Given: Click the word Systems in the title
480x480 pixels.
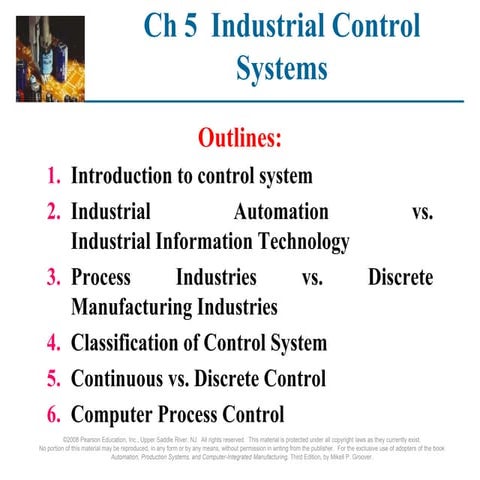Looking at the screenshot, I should (282, 68).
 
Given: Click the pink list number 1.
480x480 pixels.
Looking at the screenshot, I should (54, 177).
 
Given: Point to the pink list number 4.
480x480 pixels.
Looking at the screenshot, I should (54, 344).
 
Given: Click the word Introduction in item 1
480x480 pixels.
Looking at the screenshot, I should (130, 177).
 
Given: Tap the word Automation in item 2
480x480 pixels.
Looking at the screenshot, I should (280, 212).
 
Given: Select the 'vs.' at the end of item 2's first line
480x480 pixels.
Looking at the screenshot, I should (422, 212).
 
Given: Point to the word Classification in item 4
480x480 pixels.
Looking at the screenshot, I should (132, 344).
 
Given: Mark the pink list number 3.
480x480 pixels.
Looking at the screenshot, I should (54, 277).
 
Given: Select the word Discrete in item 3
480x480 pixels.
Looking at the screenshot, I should (400, 277).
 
